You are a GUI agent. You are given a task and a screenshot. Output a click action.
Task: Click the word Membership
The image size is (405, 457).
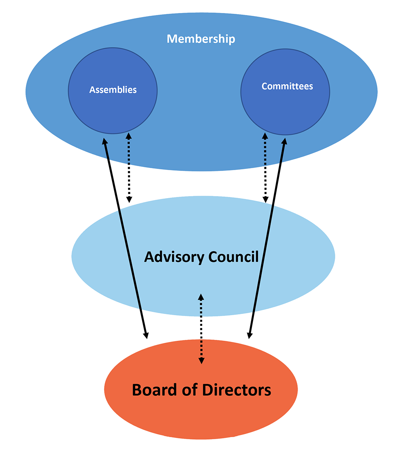(201, 39)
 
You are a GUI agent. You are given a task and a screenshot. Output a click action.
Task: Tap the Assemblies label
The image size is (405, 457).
(113, 90)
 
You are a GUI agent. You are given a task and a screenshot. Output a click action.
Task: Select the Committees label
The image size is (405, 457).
(287, 86)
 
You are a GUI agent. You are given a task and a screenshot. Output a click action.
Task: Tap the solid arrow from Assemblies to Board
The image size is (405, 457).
(125, 239)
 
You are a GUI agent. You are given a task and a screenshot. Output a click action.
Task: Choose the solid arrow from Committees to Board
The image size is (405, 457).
(267, 239)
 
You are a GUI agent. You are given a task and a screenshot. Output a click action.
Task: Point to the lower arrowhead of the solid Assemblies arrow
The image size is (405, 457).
(146, 335)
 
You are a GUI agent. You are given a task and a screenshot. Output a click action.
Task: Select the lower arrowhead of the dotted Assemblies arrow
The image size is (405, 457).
(129, 199)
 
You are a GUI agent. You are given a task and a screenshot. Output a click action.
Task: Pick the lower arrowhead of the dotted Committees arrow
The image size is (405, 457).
(265, 199)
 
